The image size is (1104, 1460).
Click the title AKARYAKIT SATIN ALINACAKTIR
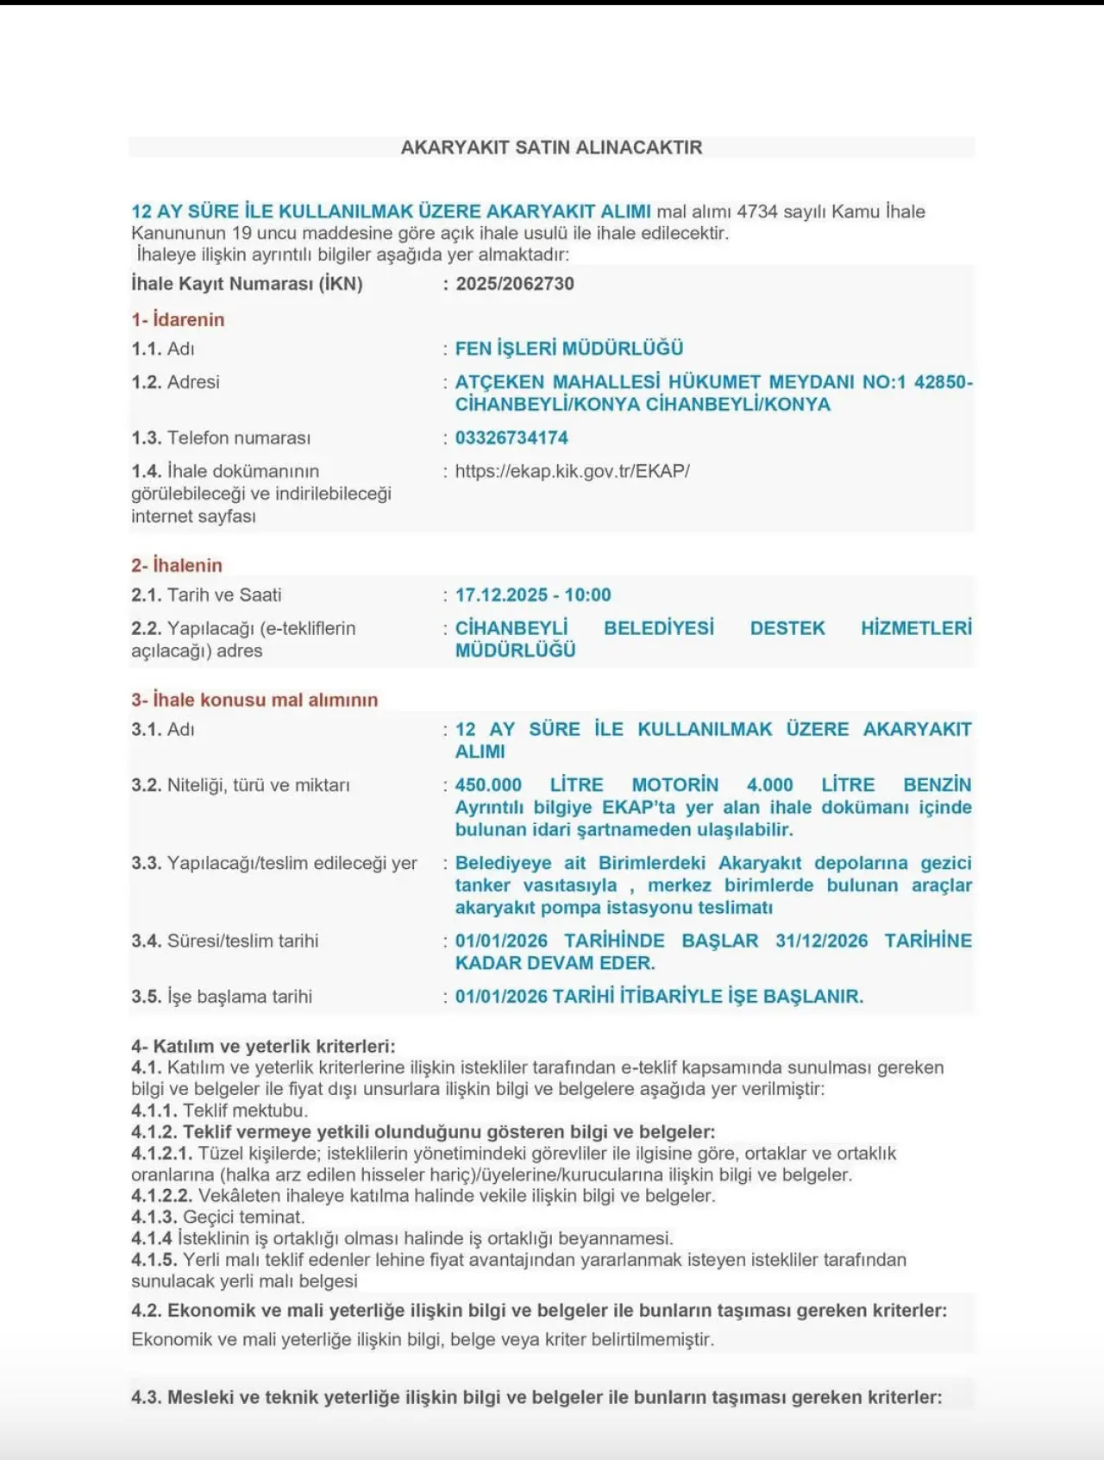(551, 148)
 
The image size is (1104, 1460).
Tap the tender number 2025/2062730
(515, 284)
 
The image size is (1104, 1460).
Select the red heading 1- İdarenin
(178, 319)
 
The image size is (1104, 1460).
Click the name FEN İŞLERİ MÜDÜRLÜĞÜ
(569, 349)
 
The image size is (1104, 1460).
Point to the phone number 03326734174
(511, 437)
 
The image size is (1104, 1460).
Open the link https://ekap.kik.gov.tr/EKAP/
(572, 471)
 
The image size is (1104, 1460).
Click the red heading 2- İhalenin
(177, 565)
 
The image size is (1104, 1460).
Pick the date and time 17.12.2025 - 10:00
(533, 595)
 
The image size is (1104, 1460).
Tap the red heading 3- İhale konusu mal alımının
(254, 700)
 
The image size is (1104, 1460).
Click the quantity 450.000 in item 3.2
(488, 785)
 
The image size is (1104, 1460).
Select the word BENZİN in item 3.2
(937, 785)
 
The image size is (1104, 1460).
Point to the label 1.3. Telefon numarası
(221, 437)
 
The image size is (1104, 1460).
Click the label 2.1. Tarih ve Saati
(206, 595)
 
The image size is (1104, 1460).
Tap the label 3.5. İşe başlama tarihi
(222, 997)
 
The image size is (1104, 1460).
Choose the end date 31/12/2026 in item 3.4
(821, 941)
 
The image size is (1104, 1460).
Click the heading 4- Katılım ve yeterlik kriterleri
(263, 1047)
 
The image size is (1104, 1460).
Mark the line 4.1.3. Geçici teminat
(218, 1218)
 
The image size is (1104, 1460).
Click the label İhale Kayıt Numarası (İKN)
(247, 284)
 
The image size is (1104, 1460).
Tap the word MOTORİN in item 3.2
(674, 785)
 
